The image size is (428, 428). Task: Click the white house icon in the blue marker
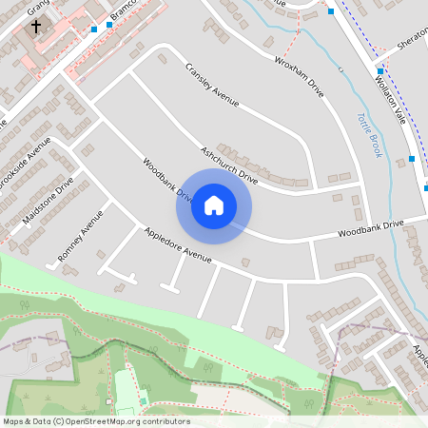(214, 204)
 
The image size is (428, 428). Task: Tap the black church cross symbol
(37, 27)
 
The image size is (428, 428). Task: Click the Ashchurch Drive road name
(229, 165)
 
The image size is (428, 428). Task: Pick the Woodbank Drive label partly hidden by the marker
(167, 184)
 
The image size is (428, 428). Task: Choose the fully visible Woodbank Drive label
(370, 228)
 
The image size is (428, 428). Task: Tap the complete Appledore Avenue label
(177, 244)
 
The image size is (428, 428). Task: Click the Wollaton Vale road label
(393, 94)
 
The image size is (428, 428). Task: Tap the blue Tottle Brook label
(368, 135)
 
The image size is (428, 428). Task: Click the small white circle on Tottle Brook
(340, 69)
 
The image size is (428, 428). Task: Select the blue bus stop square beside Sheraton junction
(379, 71)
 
